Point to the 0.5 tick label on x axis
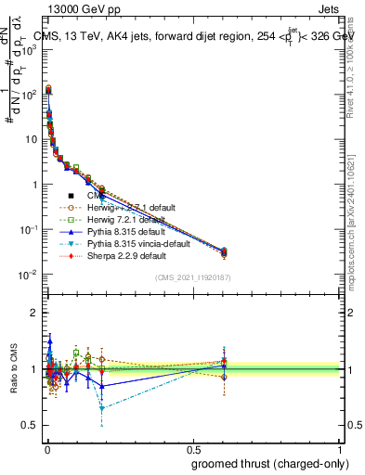coord(192,448)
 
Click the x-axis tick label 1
coord(341,448)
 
